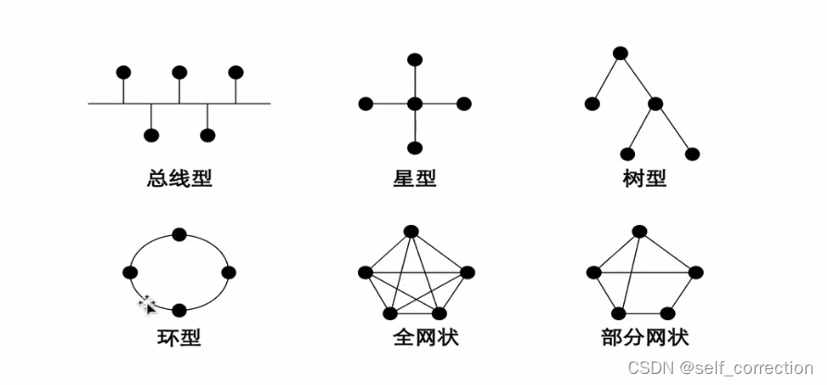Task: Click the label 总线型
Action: (x=179, y=177)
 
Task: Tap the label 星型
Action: (x=414, y=177)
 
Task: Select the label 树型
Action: (x=644, y=177)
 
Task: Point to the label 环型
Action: (x=179, y=336)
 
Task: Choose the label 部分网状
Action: (x=644, y=336)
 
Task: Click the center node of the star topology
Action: (x=414, y=104)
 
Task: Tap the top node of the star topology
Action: (x=414, y=60)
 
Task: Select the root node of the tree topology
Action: (x=619, y=53)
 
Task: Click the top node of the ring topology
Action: (x=179, y=234)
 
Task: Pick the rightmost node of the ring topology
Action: (x=228, y=272)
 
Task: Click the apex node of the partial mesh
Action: (x=638, y=231)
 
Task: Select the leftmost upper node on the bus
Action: (x=122, y=72)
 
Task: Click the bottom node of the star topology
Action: (x=414, y=148)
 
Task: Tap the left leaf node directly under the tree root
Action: (x=592, y=104)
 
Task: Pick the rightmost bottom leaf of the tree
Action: (x=690, y=154)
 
